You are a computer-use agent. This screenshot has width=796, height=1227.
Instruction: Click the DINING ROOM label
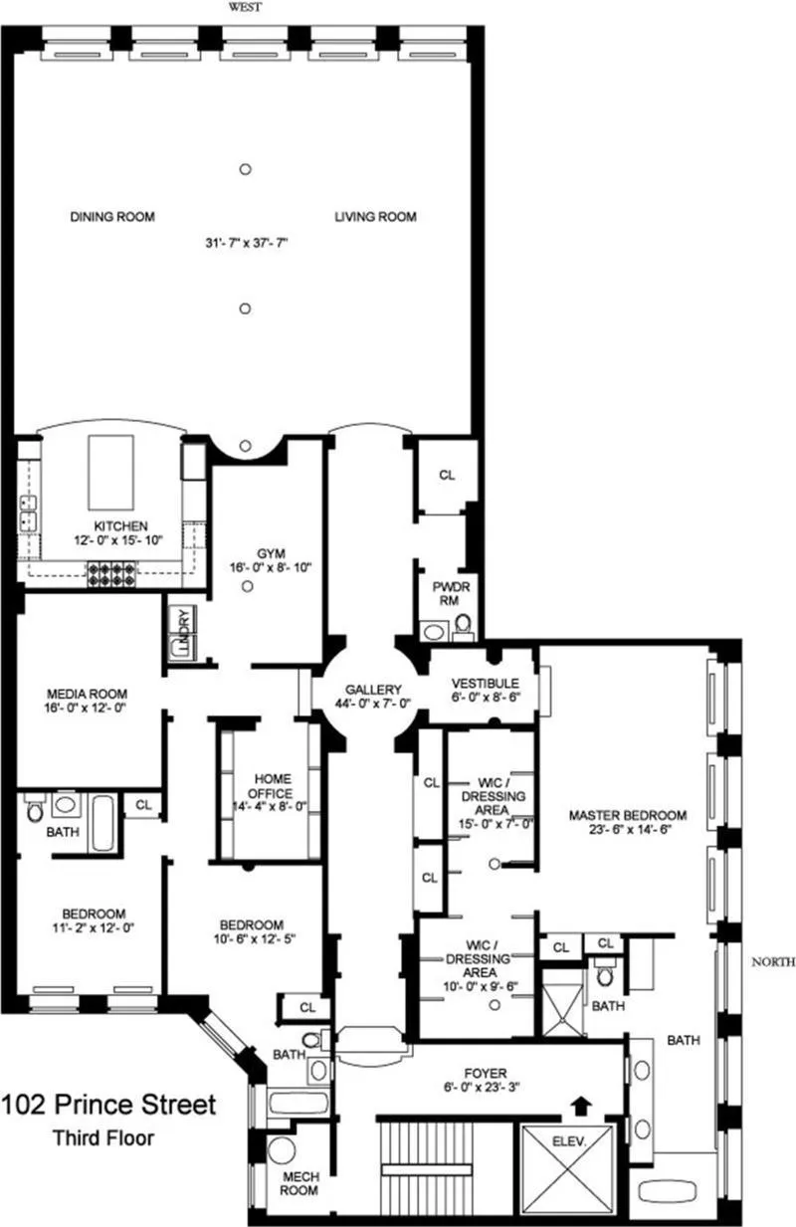pos(111,217)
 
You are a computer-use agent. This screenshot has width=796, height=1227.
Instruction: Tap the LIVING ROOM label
pos(375,217)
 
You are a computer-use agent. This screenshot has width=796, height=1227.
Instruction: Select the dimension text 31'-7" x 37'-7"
pos(244,242)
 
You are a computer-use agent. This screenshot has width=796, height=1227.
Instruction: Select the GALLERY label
pos(373,690)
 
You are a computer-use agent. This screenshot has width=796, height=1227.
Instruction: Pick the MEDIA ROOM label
pos(88,695)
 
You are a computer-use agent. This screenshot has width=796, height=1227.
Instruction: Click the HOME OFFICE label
pos(273,786)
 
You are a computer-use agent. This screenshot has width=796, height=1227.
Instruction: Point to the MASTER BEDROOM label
pos(627,816)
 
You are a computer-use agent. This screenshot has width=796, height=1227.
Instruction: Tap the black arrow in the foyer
pos(581,1104)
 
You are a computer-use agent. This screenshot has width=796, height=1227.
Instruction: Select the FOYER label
pos(487,1074)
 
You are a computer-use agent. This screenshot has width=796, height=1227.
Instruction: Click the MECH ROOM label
pos(298,1181)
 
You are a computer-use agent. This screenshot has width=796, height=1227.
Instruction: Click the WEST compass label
pos(244,7)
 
